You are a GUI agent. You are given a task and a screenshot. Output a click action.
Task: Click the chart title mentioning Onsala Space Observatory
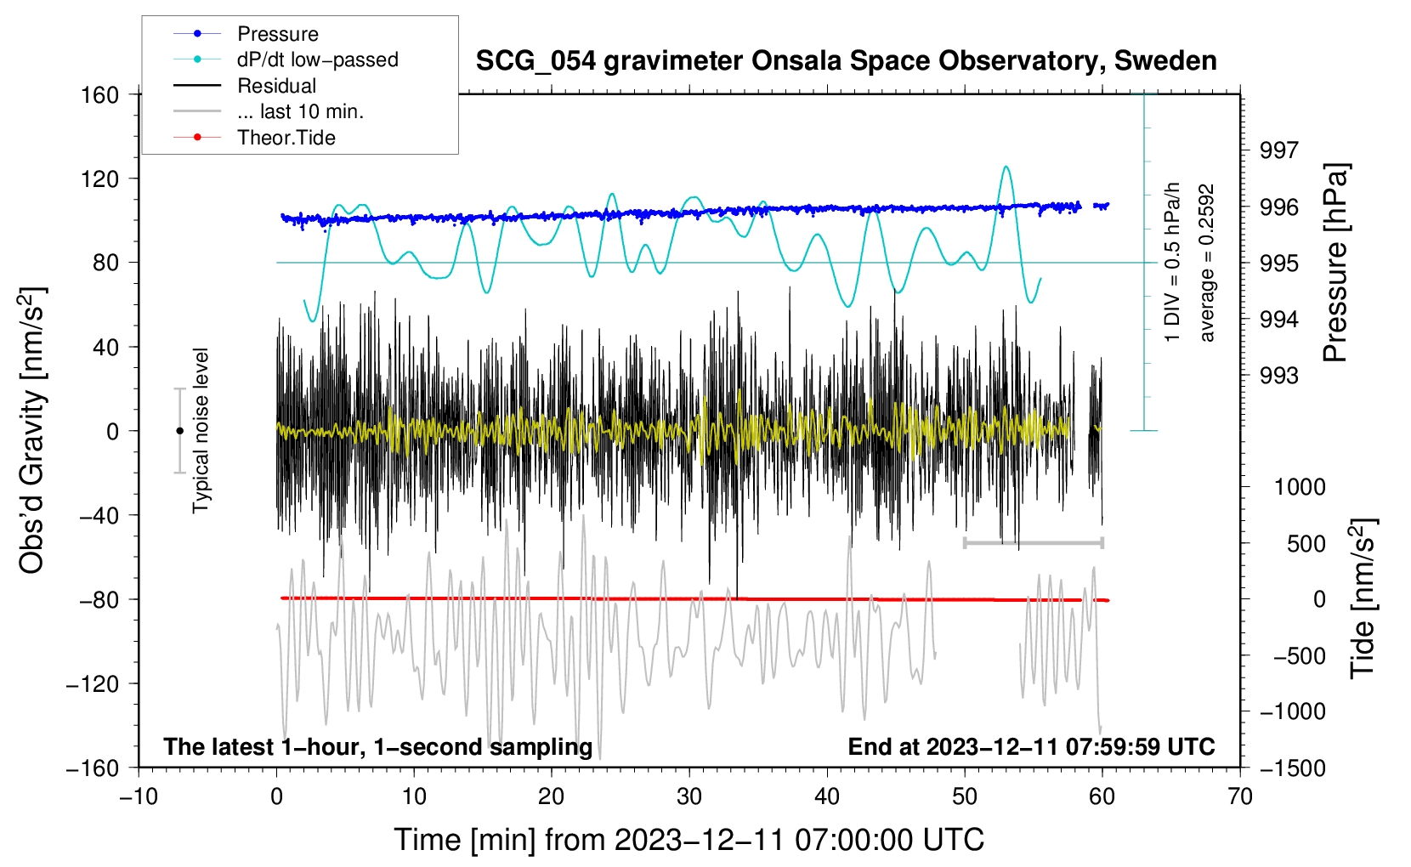pyautogui.click(x=846, y=61)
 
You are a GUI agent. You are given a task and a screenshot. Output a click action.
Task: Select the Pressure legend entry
pyautogui.click(x=278, y=34)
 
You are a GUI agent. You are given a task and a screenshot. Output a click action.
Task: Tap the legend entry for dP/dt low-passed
pyautogui.click(x=317, y=59)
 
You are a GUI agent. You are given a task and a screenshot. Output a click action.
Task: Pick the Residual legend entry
pyautogui.click(x=276, y=86)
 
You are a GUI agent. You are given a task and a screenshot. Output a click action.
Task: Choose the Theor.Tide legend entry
pyautogui.click(x=286, y=138)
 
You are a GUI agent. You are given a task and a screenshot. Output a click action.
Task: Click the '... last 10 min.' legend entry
pyautogui.click(x=300, y=111)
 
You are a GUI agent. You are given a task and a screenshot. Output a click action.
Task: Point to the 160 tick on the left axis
pyautogui.click(x=100, y=94)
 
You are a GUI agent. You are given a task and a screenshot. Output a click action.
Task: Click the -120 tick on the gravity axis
pyautogui.click(x=93, y=683)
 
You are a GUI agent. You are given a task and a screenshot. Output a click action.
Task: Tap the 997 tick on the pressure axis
pyautogui.click(x=1279, y=150)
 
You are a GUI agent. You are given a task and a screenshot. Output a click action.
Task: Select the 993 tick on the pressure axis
pyautogui.click(x=1279, y=376)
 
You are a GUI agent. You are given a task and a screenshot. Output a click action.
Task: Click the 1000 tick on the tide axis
pyautogui.click(x=1299, y=487)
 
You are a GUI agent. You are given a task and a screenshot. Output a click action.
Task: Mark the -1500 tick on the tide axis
pyautogui.click(x=1292, y=768)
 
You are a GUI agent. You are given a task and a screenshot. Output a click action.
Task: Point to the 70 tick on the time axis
pyautogui.click(x=1240, y=796)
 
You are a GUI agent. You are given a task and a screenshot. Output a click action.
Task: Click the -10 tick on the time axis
pyautogui.click(x=139, y=796)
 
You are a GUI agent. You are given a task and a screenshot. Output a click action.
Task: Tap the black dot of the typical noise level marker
pyautogui.click(x=179, y=431)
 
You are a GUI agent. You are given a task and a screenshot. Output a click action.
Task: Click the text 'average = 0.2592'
pyautogui.click(x=1207, y=263)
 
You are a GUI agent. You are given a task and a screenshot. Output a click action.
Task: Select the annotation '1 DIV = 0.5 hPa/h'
pyautogui.click(x=1173, y=262)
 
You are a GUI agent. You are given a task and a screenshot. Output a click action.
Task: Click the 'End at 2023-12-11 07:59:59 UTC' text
pyautogui.click(x=1031, y=746)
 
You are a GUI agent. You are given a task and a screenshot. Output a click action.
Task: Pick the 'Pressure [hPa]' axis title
pyautogui.click(x=1335, y=263)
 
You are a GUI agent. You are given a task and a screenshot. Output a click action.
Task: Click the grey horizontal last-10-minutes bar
pyautogui.click(x=1033, y=542)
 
